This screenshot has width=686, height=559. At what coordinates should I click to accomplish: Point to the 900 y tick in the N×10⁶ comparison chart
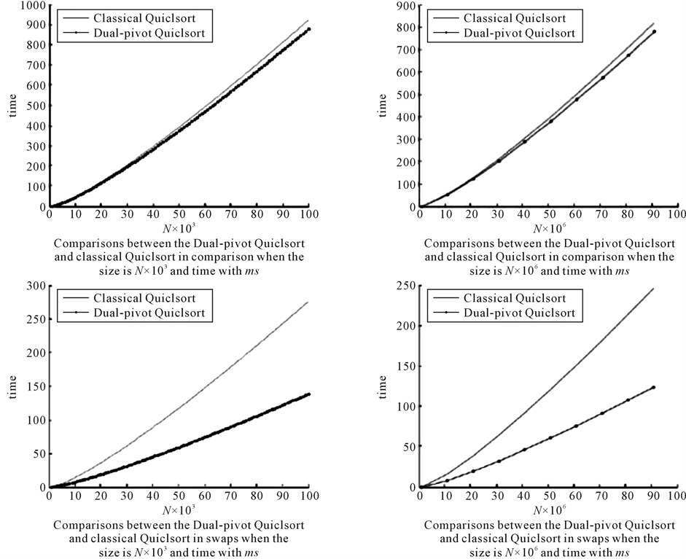pyautogui.click(x=405, y=5)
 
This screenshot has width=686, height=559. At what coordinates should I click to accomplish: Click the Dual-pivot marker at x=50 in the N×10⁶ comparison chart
pyautogui.click(x=550, y=121)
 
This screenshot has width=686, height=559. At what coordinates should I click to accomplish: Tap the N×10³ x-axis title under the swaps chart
pyautogui.click(x=179, y=511)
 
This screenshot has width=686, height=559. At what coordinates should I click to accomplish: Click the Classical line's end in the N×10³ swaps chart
pyautogui.click(x=309, y=301)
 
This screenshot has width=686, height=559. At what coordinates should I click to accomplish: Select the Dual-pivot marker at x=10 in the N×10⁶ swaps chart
pyautogui.click(x=446, y=480)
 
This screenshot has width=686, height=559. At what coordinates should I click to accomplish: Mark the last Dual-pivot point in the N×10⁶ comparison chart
pyautogui.click(x=654, y=31)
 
